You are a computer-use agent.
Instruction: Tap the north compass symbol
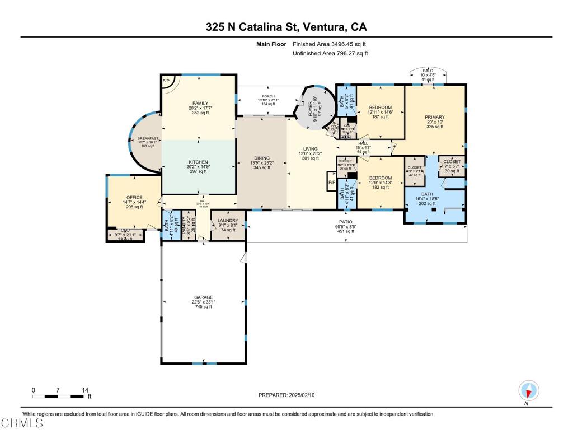[528, 390]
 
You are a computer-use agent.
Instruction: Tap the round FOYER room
[314, 106]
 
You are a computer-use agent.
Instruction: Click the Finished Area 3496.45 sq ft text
[330, 44]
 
